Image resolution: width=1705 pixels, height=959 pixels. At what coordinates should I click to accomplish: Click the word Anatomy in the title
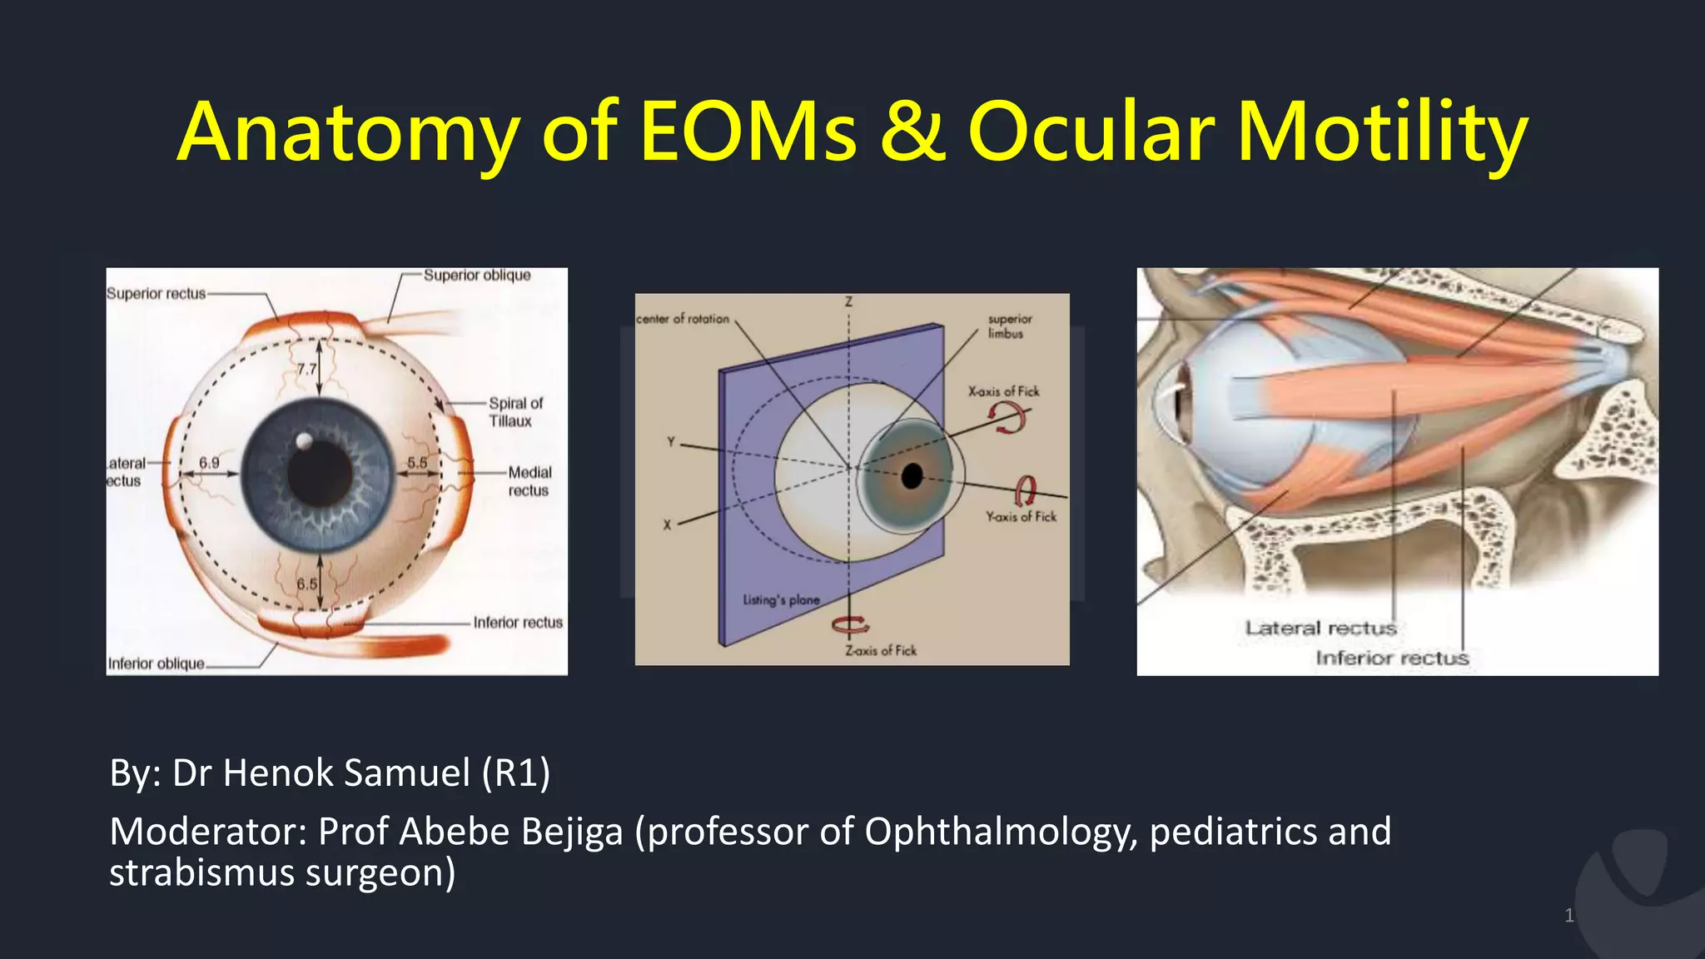tap(348, 133)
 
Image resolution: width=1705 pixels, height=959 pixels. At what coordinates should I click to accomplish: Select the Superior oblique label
tap(476, 276)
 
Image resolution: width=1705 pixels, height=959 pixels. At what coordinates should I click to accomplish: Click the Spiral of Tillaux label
tap(514, 412)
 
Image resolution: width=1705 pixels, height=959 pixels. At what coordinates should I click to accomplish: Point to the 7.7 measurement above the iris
tap(306, 369)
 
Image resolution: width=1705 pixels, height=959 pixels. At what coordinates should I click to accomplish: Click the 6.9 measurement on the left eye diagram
tap(209, 463)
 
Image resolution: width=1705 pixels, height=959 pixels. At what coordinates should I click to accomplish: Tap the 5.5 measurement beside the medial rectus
tap(417, 463)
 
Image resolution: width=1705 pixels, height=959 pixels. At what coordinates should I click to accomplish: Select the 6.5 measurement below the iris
tap(306, 584)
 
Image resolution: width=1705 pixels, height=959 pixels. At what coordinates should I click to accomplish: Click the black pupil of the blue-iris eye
tap(320, 472)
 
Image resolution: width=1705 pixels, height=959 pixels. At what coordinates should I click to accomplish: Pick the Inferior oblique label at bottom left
tap(156, 663)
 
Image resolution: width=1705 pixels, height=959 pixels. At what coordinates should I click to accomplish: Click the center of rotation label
tap(683, 319)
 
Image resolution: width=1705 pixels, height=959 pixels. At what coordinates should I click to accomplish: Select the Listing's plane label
tap(781, 600)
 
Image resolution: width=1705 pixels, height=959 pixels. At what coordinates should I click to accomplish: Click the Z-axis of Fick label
tap(881, 651)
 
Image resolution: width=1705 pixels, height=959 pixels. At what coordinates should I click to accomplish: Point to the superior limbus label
tap(1009, 325)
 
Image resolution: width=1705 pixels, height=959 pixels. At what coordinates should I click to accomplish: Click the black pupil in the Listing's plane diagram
tap(912, 476)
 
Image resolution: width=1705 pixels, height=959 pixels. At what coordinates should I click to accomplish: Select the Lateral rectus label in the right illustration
tap(1320, 628)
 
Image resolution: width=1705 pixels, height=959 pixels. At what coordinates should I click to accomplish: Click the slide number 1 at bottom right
tap(1568, 916)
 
